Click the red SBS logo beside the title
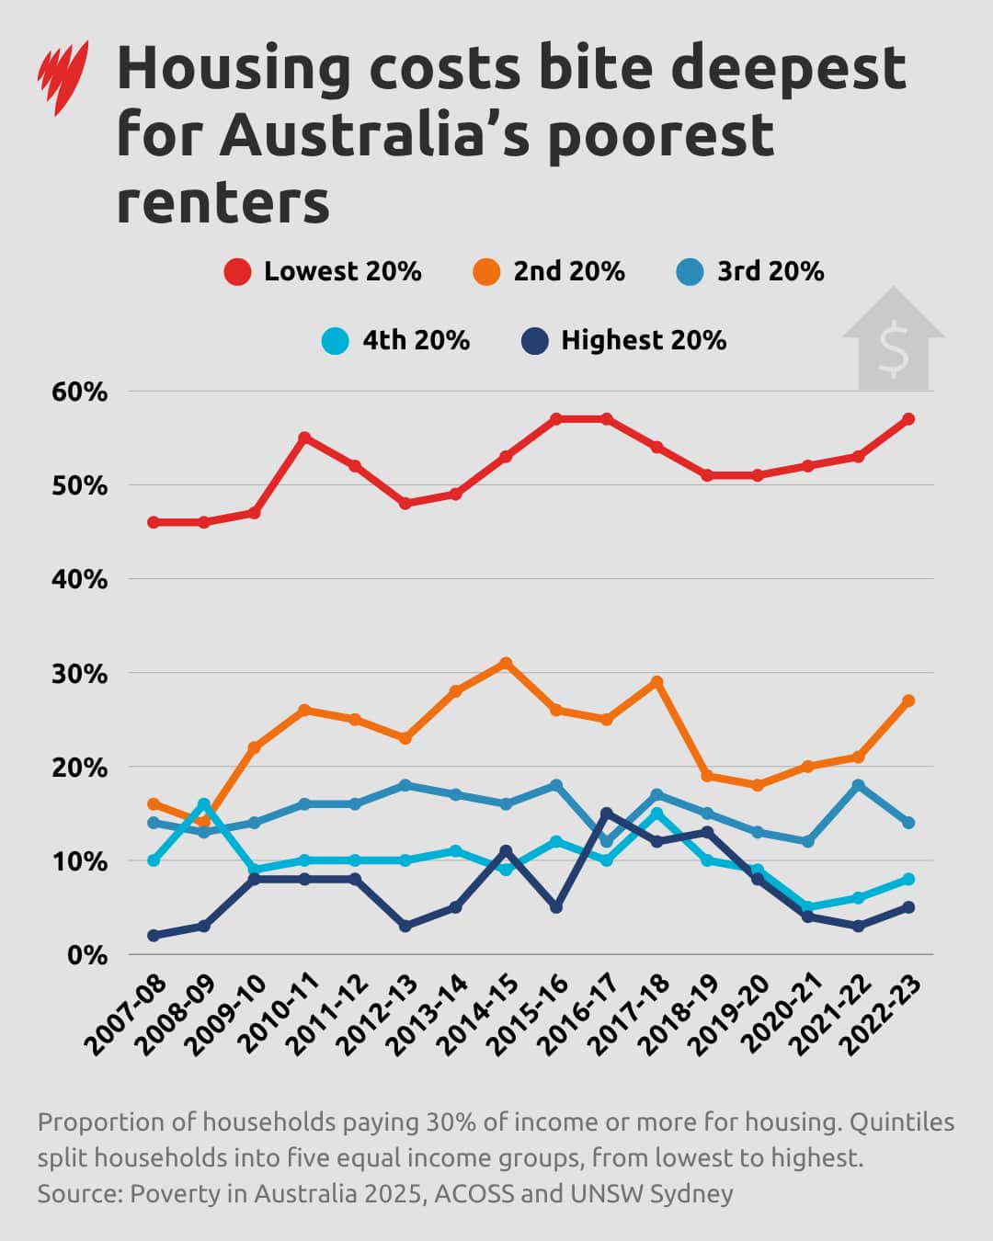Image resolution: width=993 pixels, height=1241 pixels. coord(63,77)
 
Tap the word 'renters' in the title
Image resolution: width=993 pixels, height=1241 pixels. coord(223,201)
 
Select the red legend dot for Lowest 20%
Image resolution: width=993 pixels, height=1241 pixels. coord(237,272)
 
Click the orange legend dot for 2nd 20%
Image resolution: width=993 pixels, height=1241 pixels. coord(486,272)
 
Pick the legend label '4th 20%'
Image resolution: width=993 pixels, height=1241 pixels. coord(416,341)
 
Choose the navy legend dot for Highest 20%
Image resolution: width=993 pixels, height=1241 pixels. coord(534,341)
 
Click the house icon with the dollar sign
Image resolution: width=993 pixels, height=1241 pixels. coord(893,339)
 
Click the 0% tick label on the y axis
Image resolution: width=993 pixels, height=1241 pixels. coord(87,956)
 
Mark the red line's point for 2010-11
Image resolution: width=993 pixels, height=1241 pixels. coord(304,438)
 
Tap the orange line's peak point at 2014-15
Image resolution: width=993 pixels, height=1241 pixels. coord(506,663)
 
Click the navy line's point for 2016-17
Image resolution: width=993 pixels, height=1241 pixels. coord(606,814)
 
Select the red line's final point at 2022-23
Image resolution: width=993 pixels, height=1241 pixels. coord(908,419)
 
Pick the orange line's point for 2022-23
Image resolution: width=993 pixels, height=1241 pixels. coord(908,700)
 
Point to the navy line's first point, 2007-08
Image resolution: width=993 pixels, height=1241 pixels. coord(154,936)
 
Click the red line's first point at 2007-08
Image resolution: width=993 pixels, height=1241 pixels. coord(154,522)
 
